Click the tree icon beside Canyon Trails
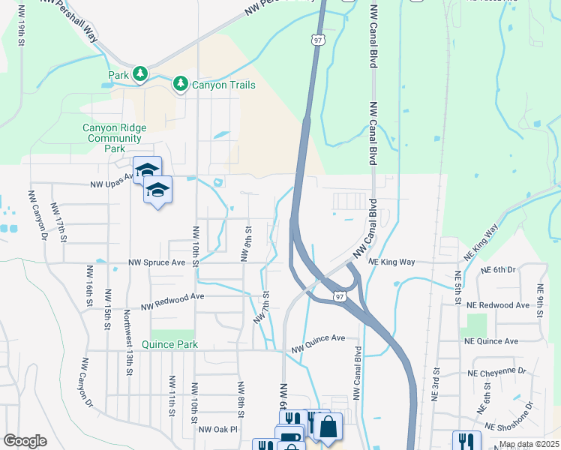tap(181, 84)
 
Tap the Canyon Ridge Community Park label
tap(115, 138)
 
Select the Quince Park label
tap(174, 344)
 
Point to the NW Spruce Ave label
tap(157, 262)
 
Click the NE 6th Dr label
tap(499, 269)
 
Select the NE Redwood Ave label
tap(498, 305)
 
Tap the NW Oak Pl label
tap(217, 430)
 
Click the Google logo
tap(25, 441)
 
